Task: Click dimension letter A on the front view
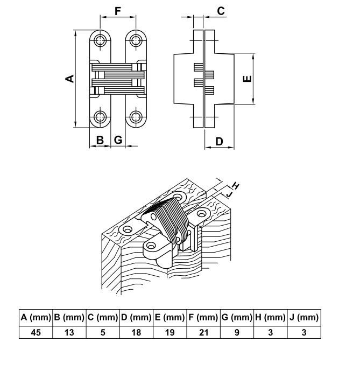[x=69, y=79]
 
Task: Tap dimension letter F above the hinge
[x=118, y=11]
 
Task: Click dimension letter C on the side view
[x=221, y=11]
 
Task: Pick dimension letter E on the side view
[x=247, y=79]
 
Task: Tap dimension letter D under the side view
[x=219, y=142]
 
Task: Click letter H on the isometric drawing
[x=235, y=186]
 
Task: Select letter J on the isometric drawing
[x=229, y=192]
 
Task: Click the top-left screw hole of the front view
[x=100, y=40]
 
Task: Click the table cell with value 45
[x=36, y=332]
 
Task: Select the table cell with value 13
[x=69, y=332]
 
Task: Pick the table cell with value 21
[x=203, y=332]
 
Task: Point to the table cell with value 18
[x=136, y=332]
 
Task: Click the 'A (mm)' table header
[x=36, y=317]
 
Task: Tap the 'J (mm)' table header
[x=304, y=317]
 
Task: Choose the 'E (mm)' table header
[x=170, y=317]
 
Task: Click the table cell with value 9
[x=237, y=332]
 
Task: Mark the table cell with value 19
[x=170, y=332]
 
